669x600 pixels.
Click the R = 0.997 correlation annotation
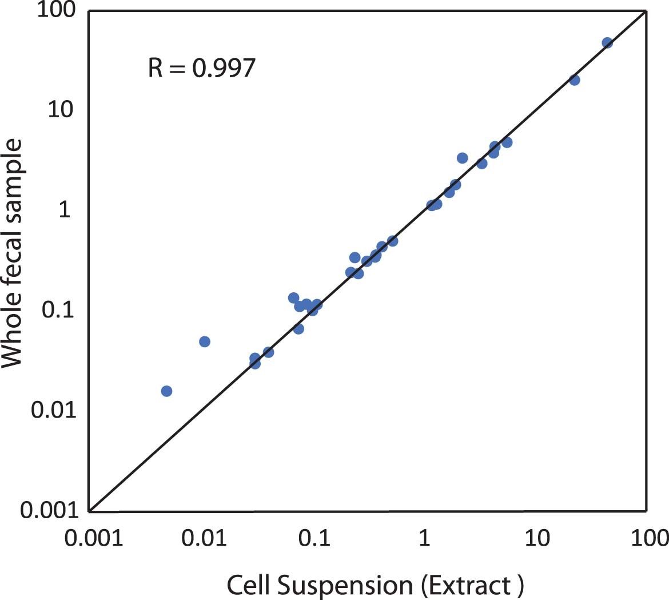tap(201, 68)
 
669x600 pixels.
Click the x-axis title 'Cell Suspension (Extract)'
tap(375, 585)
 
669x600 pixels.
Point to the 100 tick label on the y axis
tap(57, 11)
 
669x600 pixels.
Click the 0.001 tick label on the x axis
tap(91, 539)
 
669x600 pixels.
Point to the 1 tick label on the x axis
tap(424, 539)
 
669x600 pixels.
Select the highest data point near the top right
tap(607, 43)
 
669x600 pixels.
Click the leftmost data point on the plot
tap(166, 391)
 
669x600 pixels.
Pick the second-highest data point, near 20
tap(574, 80)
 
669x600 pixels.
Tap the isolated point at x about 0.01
tap(205, 341)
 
